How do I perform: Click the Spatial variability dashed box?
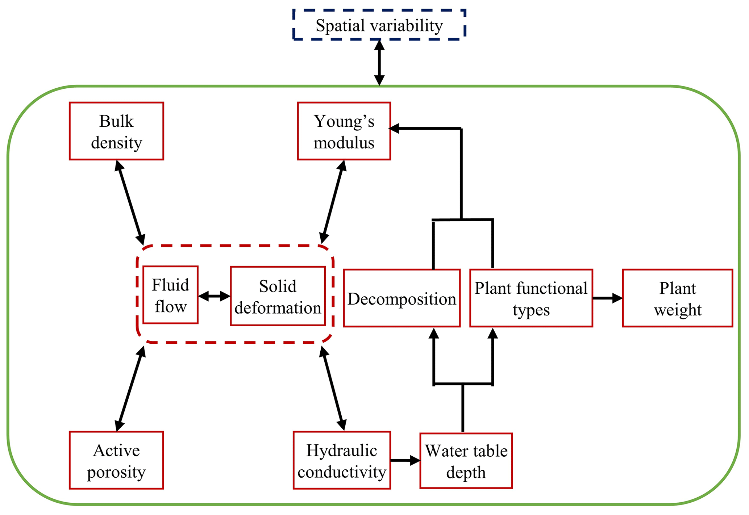click(x=379, y=25)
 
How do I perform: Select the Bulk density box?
click(x=116, y=131)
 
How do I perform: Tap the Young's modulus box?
click(x=344, y=131)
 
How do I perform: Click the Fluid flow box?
click(x=170, y=295)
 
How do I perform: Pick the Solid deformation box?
click(x=278, y=296)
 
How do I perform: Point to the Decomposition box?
click(x=401, y=298)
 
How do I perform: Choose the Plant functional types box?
click(x=531, y=298)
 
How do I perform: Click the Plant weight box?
click(x=677, y=298)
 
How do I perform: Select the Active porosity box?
click(x=116, y=460)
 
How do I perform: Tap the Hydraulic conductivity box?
click(x=342, y=460)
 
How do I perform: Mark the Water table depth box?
click(x=466, y=461)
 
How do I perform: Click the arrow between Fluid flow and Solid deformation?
click(x=214, y=296)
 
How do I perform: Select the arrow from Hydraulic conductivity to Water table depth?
click(x=405, y=461)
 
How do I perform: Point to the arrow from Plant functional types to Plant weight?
click(x=607, y=298)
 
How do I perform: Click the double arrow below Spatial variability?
click(x=379, y=63)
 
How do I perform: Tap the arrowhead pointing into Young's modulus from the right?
click(x=394, y=128)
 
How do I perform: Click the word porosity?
click(x=116, y=472)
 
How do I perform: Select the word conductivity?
click(x=342, y=472)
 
